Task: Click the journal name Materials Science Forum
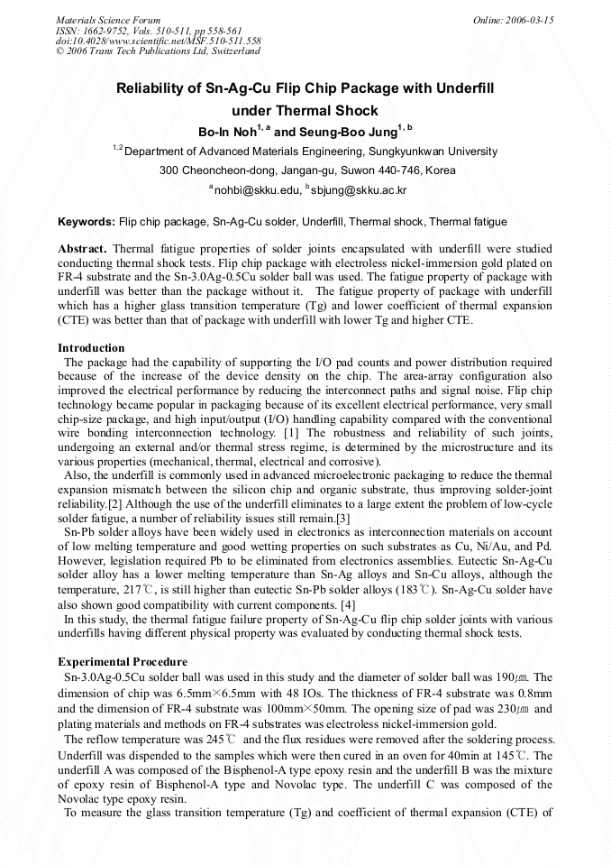coord(108,19)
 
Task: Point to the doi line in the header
coord(158,41)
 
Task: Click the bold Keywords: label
coord(87,222)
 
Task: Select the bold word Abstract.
coord(82,248)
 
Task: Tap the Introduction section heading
coord(91,348)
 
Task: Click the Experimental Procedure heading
coord(123,662)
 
